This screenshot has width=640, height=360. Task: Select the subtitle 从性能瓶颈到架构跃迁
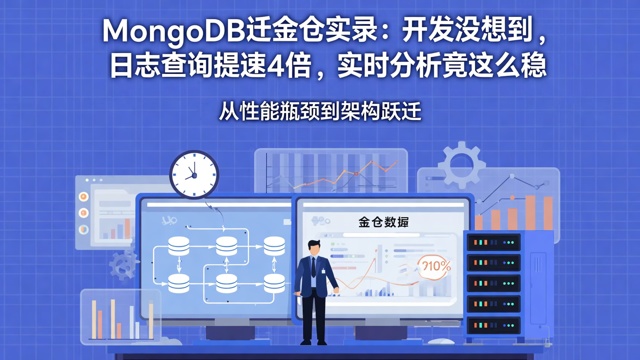click(x=320, y=112)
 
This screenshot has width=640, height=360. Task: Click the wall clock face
click(x=194, y=174)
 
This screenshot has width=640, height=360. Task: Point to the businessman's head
click(x=315, y=248)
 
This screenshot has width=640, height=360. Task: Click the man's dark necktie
click(x=313, y=267)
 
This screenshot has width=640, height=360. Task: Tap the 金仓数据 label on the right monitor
click(x=383, y=222)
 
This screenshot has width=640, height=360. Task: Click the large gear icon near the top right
click(x=461, y=165)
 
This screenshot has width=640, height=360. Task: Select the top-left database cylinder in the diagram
click(x=179, y=246)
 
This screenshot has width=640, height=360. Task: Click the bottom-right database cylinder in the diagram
click(x=274, y=283)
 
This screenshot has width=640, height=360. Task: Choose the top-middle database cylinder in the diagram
click(x=227, y=246)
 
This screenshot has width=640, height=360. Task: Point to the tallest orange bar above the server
click(x=530, y=212)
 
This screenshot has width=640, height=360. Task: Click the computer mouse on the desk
click(x=441, y=341)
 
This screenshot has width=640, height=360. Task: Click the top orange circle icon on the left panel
click(x=84, y=196)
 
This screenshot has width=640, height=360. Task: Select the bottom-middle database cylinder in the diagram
click(x=227, y=283)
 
